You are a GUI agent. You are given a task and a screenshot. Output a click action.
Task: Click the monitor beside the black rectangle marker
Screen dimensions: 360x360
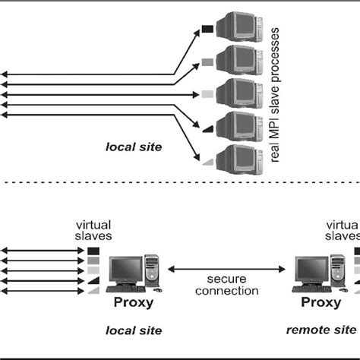pos(239,27)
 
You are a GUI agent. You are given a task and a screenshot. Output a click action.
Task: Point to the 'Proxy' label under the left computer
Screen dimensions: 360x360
pos(134,303)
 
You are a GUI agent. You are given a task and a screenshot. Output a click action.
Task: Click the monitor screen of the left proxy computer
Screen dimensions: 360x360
pos(125,269)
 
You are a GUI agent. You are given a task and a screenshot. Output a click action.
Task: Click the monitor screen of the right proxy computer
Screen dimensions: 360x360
pos(311,269)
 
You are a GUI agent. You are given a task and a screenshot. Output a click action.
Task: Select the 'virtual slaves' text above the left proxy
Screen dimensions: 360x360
pos(93,230)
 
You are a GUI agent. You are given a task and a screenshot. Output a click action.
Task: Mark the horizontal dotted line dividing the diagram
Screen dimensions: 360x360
pos(180,182)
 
